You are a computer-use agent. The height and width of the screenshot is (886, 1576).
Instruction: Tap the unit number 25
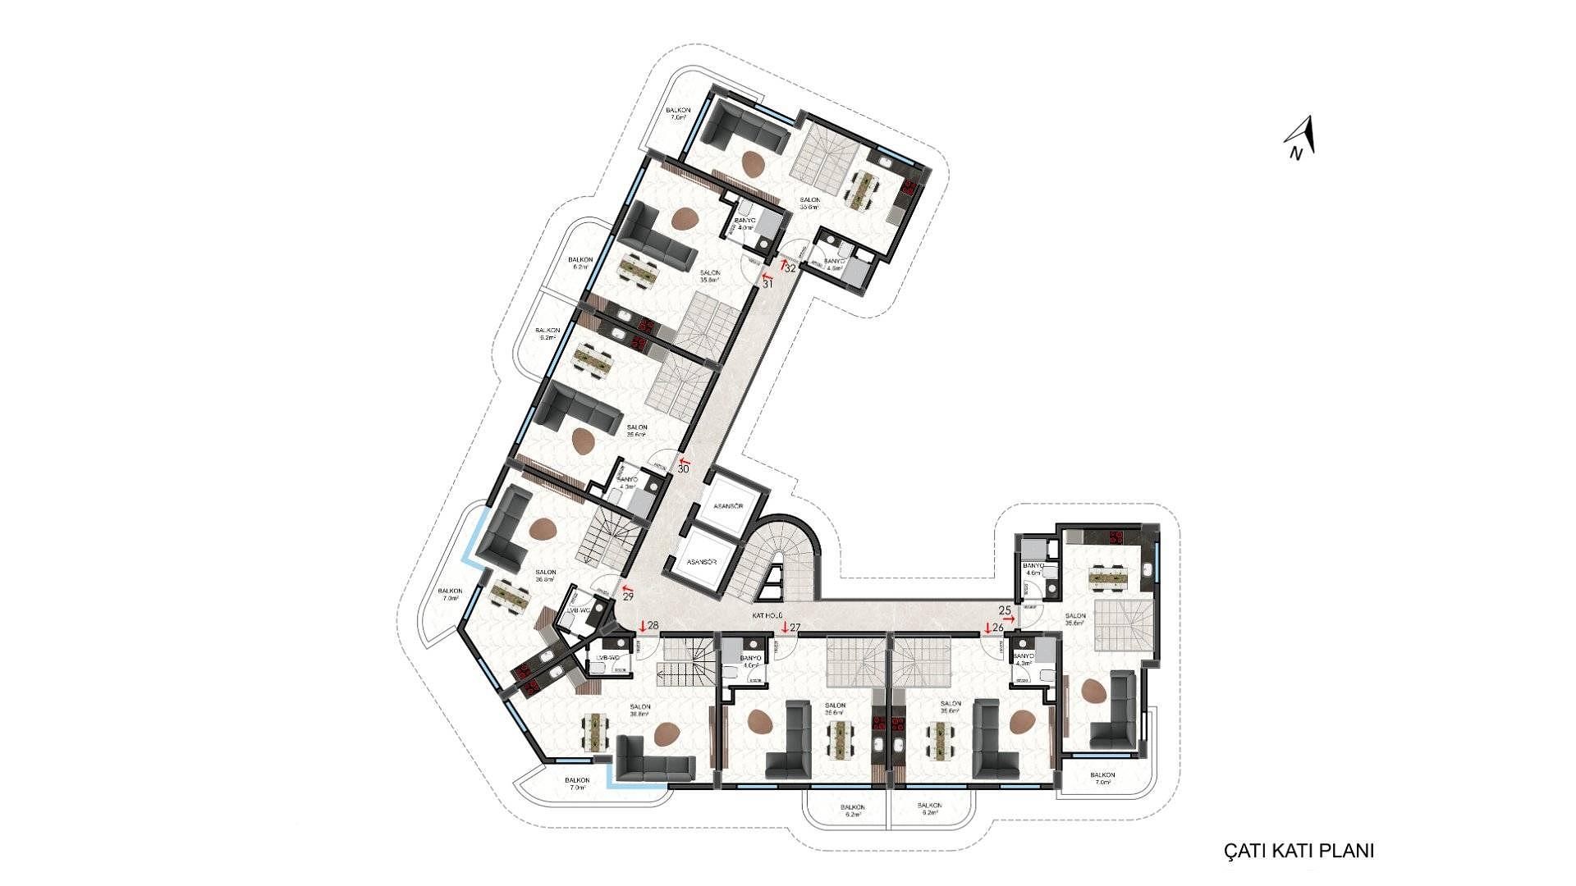click(x=1005, y=610)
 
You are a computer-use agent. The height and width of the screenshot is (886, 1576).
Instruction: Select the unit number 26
click(x=998, y=628)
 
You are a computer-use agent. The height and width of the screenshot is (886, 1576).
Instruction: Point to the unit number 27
click(x=794, y=628)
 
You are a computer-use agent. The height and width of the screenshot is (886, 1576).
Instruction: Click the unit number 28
click(x=653, y=627)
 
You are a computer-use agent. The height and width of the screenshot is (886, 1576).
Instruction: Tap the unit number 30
click(x=683, y=469)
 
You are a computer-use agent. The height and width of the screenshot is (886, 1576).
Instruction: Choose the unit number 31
click(x=768, y=285)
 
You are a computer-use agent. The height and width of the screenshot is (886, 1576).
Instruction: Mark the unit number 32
click(x=791, y=268)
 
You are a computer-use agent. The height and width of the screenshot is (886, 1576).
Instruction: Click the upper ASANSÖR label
click(x=728, y=506)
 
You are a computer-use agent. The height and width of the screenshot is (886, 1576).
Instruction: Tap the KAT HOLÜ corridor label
click(x=767, y=614)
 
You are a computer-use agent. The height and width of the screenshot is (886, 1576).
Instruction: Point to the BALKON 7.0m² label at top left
click(x=678, y=114)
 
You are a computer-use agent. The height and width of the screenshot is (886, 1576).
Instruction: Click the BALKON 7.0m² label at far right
click(x=1102, y=779)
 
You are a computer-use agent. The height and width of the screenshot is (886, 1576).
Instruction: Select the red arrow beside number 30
click(x=684, y=462)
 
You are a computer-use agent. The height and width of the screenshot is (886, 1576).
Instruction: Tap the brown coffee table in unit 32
click(x=754, y=164)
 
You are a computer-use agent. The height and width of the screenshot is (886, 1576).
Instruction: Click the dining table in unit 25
click(x=1109, y=578)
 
